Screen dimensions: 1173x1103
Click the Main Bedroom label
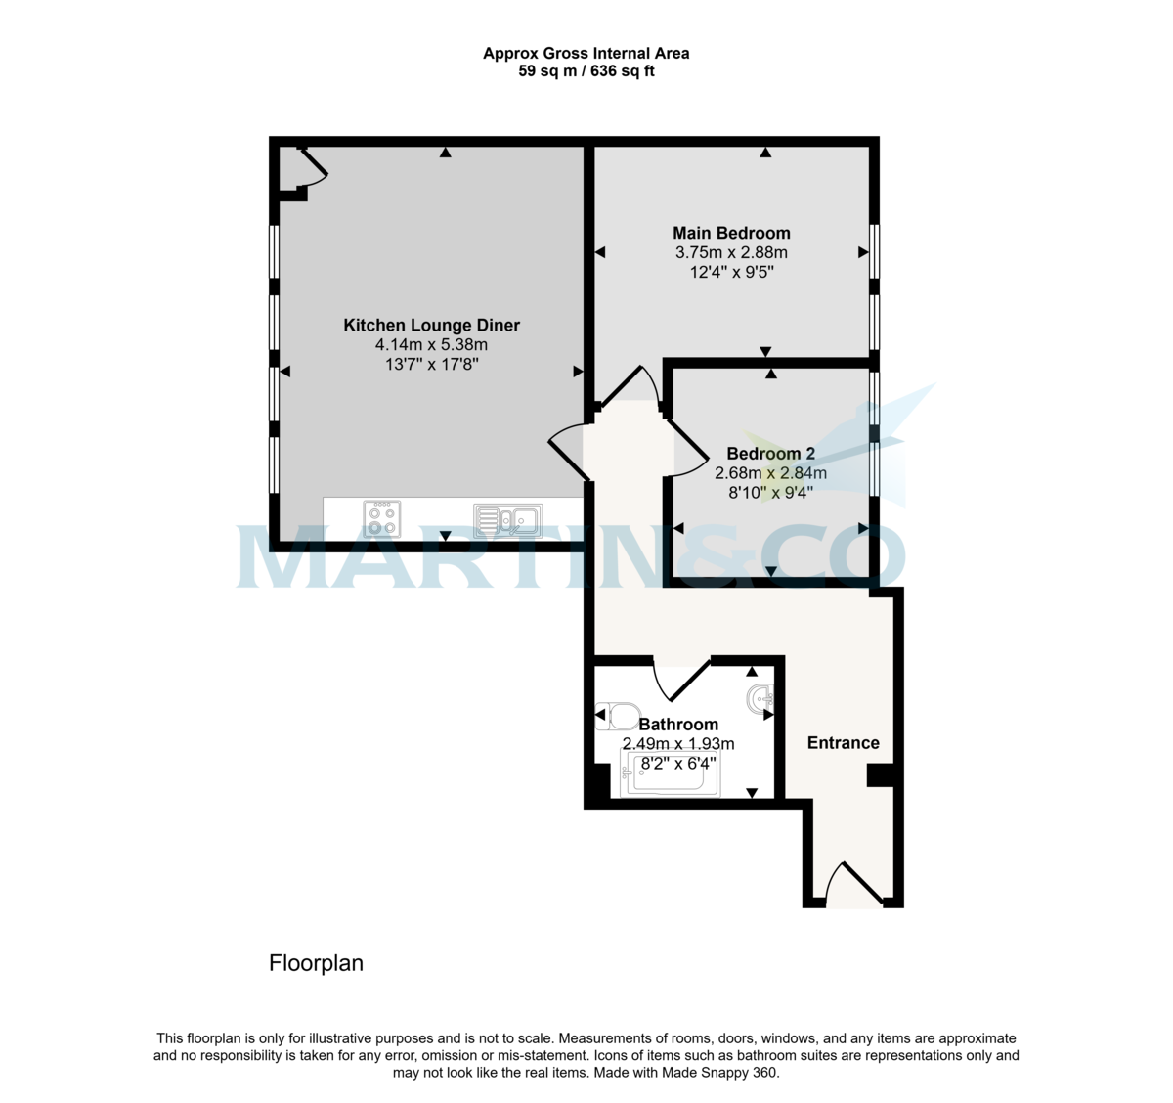731,233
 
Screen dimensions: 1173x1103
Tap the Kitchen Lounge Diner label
432,325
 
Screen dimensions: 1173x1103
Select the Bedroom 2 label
771,454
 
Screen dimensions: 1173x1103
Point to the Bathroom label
678,725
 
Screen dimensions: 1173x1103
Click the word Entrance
844,742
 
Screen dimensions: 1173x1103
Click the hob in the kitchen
382,519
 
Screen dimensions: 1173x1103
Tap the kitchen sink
508,520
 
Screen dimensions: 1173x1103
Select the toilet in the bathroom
618,716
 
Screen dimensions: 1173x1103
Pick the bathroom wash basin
760,699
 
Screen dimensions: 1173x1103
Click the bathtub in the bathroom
670,772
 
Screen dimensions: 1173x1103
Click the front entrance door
854,884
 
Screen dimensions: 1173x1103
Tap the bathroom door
681,679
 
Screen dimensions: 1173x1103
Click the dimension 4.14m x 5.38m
432,344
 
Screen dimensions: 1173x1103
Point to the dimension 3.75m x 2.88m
731,252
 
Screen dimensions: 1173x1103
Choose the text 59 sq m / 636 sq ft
586,71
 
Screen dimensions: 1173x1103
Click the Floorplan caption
316,963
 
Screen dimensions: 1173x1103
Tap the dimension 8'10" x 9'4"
771,492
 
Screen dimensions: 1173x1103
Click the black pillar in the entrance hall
880,775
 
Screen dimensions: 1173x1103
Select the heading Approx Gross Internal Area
586,53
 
